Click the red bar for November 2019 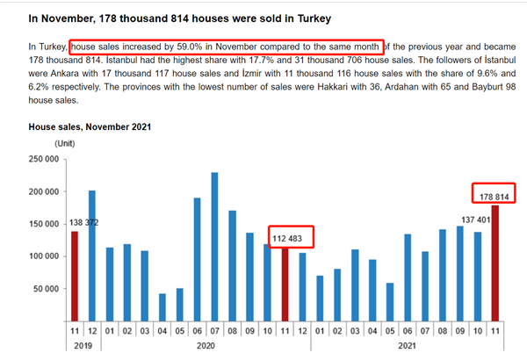point(74,275)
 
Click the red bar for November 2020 point(285,284)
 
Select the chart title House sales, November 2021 point(90,126)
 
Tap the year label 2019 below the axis point(83,348)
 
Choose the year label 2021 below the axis point(408,348)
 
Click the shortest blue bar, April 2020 point(162,307)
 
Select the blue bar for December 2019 point(92,255)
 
